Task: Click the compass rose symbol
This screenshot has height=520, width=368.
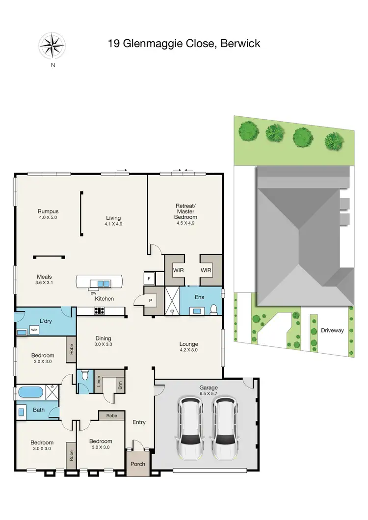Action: point(53,46)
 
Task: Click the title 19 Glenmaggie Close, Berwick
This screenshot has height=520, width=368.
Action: point(184,44)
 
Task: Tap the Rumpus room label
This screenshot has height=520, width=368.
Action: point(48,214)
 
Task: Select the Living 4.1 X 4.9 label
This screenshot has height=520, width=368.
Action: point(113,221)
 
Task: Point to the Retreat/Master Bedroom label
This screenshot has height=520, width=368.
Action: point(186,214)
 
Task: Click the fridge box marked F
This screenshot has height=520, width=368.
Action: point(148,278)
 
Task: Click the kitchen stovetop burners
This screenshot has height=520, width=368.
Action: point(99,311)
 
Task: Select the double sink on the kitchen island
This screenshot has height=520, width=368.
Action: point(104,284)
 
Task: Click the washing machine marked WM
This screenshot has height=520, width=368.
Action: point(34,330)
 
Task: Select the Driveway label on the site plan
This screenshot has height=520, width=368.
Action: point(332,331)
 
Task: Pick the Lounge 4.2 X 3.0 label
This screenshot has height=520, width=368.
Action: point(189,347)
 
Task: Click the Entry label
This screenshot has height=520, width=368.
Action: point(139,422)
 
